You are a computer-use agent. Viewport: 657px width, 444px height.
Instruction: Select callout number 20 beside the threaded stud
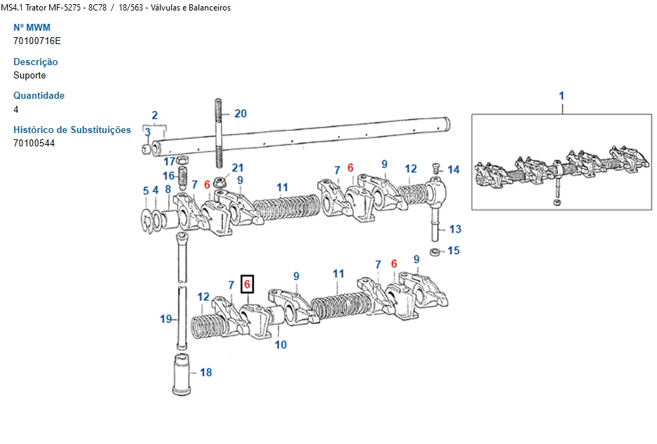pos(241,113)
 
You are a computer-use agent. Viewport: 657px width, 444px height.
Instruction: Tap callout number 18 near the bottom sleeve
pos(205,373)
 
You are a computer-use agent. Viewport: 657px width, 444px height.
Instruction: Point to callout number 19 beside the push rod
pos(165,319)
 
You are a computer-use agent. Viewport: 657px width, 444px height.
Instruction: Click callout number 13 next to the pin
pos(455,229)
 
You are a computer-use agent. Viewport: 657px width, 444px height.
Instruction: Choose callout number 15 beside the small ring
pos(454,251)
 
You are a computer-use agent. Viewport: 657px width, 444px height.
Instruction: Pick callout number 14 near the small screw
pos(454,169)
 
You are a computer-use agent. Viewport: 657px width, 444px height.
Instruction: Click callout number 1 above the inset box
pos(561,95)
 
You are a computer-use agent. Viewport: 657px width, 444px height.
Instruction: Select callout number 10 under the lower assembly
pos(280,345)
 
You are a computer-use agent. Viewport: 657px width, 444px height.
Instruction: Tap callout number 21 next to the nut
pos(238,168)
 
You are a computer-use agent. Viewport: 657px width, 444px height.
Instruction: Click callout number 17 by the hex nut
pos(170,162)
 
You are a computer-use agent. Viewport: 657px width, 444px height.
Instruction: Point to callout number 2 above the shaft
pos(154,116)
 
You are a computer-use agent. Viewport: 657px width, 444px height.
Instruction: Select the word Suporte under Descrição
pos(29,75)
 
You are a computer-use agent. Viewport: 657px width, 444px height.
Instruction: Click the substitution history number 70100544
pos(34,143)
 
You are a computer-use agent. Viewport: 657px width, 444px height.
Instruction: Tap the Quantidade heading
pos(39,95)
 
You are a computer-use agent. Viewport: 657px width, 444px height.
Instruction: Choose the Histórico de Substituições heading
pos(72,130)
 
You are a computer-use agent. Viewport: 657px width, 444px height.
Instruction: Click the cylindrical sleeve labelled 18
pos(181,375)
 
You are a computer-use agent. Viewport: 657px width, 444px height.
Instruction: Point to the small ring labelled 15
pos(435,251)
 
